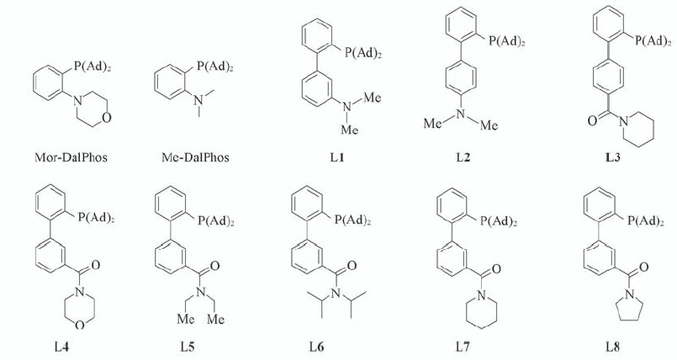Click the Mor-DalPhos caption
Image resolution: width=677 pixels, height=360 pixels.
pos(71,157)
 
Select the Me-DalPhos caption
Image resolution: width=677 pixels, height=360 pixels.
pos(195,157)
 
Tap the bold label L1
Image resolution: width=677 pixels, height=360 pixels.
pos(337,157)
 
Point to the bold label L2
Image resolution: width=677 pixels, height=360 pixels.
pos(463,157)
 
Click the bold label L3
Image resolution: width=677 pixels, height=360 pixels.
pos(613,157)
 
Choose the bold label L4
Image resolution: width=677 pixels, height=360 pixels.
pos(61,347)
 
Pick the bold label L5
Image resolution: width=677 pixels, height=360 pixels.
pos(188,347)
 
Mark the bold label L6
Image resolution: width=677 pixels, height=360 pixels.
pos(316,347)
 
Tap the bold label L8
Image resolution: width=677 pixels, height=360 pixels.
pos(613,347)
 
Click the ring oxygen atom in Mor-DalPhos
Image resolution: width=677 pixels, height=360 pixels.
pos(108,118)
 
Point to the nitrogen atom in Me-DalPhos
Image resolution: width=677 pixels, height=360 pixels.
pos(198,101)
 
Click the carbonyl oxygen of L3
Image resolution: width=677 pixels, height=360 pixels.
pos(592,120)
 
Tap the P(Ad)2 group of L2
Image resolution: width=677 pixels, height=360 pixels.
pos(507,41)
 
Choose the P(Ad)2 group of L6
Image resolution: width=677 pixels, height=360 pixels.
pos(352,220)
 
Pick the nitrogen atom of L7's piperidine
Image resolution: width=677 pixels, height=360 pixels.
pos(481,295)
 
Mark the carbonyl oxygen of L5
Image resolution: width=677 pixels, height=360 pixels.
pos(215,265)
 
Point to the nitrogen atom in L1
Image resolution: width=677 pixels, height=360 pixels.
pos(346,106)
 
